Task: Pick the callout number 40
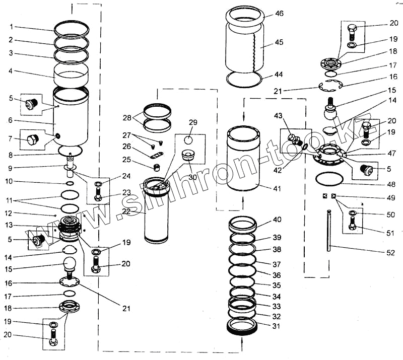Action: pos(277,220)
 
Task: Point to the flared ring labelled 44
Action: pos(245,79)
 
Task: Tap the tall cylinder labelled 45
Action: pos(245,45)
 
